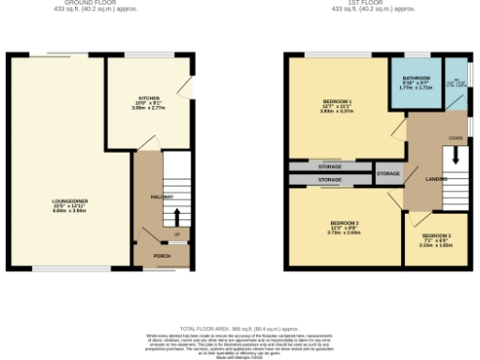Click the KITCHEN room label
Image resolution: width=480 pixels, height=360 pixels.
(x=148, y=97)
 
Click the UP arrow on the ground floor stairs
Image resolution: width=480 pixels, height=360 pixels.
(x=175, y=217)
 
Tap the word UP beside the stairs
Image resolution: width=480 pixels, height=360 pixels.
(x=175, y=234)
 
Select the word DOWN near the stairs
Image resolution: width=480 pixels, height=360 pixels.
(x=456, y=138)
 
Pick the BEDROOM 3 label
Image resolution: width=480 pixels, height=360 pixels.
(x=436, y=234)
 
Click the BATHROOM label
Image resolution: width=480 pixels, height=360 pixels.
(x=416, y=78)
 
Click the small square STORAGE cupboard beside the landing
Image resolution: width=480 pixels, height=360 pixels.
(x=388, y=174)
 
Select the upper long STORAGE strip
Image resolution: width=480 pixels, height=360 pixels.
(x=330, y=167)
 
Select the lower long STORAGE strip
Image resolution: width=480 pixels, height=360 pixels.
(x=330, y=179)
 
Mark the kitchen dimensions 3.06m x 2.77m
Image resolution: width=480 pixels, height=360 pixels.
(x=148, y=109)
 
